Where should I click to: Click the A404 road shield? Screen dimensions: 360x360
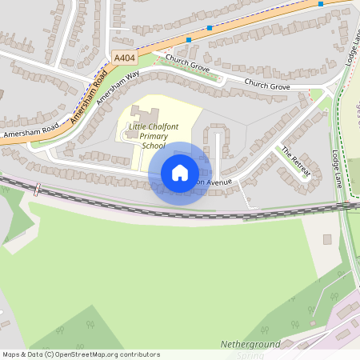click(124, 58)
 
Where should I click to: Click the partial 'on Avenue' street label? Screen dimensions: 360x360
click(214, 182)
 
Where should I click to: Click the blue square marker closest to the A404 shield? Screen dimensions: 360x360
click(189, 39)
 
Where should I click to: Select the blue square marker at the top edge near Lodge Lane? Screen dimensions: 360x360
click(321, 3)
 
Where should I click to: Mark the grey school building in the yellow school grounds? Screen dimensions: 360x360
click(145, 114)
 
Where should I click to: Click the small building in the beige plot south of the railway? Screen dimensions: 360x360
click(326, 239)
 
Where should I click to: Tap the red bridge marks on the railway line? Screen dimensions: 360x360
click(37, 190)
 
